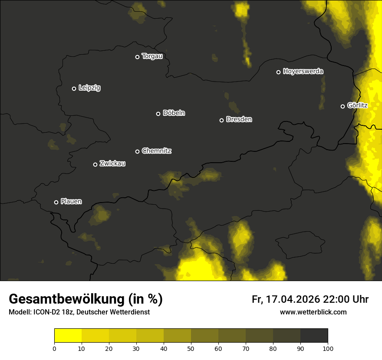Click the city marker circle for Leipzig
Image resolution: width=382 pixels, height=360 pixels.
point(74,88)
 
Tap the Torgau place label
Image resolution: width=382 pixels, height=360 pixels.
point(152,56)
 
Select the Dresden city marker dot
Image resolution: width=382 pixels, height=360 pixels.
point(221,120)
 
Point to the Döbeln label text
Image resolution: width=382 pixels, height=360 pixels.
point(174,113)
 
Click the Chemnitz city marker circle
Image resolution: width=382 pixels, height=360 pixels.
point(137,151)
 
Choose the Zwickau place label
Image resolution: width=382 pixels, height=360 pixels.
point(112,164)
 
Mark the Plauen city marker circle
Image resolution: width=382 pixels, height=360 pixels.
point(56,202)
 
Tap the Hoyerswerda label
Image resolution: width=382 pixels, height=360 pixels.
point(303,71)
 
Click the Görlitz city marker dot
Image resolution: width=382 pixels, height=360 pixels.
point(342,106)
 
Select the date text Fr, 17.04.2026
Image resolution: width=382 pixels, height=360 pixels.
point(286,299)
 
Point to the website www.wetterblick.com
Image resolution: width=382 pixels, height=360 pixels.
point(313,312)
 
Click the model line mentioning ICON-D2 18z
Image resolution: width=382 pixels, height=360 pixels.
point(79,312)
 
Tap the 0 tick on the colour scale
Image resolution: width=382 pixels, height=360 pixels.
point(54,348)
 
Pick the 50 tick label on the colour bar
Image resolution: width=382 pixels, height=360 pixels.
point(191,348)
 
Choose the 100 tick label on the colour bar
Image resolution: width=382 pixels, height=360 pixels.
point(328,348)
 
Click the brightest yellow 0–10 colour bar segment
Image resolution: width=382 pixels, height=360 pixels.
point(68,335)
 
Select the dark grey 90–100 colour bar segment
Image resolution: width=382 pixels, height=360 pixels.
point(314,335)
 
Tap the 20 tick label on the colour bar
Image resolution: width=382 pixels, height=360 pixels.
point(109,348)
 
